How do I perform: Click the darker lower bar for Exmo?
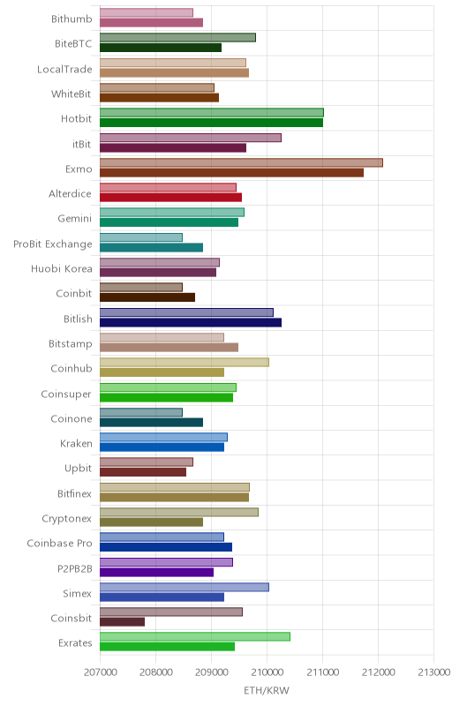tap(231, 172)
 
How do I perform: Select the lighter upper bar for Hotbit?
tap(212, 113)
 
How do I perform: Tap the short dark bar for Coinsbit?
tap(122, 622)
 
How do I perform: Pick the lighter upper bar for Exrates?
tap(195, 636)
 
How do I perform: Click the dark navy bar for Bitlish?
tap(191, 322)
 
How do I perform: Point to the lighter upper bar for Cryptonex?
tap(179, 512)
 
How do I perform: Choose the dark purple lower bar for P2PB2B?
tap(156, 572)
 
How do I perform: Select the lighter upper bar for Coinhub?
tap(185, 362)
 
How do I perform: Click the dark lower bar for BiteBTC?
tap(161, 48)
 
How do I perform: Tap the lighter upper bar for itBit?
tap(191, 138)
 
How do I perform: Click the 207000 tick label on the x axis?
tap(101, 672)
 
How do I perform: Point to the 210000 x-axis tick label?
tap(267, 672)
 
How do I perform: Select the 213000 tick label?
tap(434, 672)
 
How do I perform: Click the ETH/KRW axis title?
tap(267, 691)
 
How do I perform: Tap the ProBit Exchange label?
tap(53, 244)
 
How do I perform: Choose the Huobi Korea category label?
tap(62, 269)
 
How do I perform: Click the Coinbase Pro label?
tap(59, 543)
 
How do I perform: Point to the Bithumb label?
tap(72, 19)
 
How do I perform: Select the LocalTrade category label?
tap(64, 69)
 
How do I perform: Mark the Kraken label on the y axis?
tap(76, 444)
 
